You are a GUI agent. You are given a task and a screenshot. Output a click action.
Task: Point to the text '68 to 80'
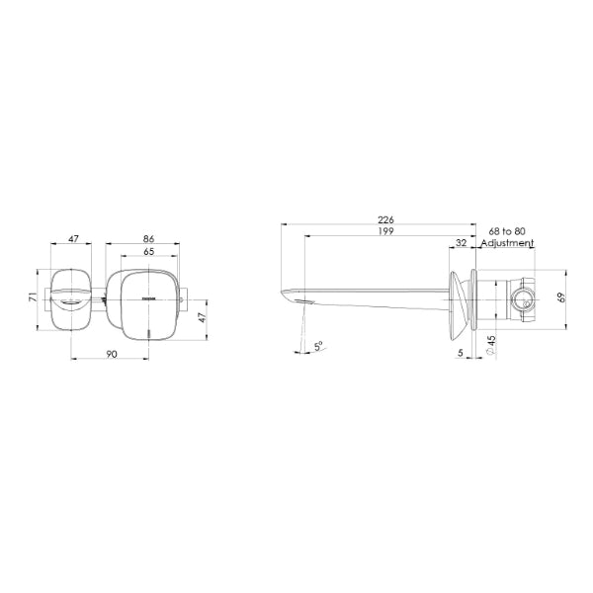(x=506, y=231)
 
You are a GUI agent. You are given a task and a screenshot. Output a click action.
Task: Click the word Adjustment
(x=507, y=242)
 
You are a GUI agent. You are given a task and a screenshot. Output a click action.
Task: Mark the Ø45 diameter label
(x=491, y=347)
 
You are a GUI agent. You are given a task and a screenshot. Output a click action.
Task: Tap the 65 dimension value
(x=148, y=253)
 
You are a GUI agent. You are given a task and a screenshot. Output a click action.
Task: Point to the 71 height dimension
(x=34, y=296)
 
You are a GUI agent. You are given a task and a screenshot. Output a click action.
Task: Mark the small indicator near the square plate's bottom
(x=149, y=331)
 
